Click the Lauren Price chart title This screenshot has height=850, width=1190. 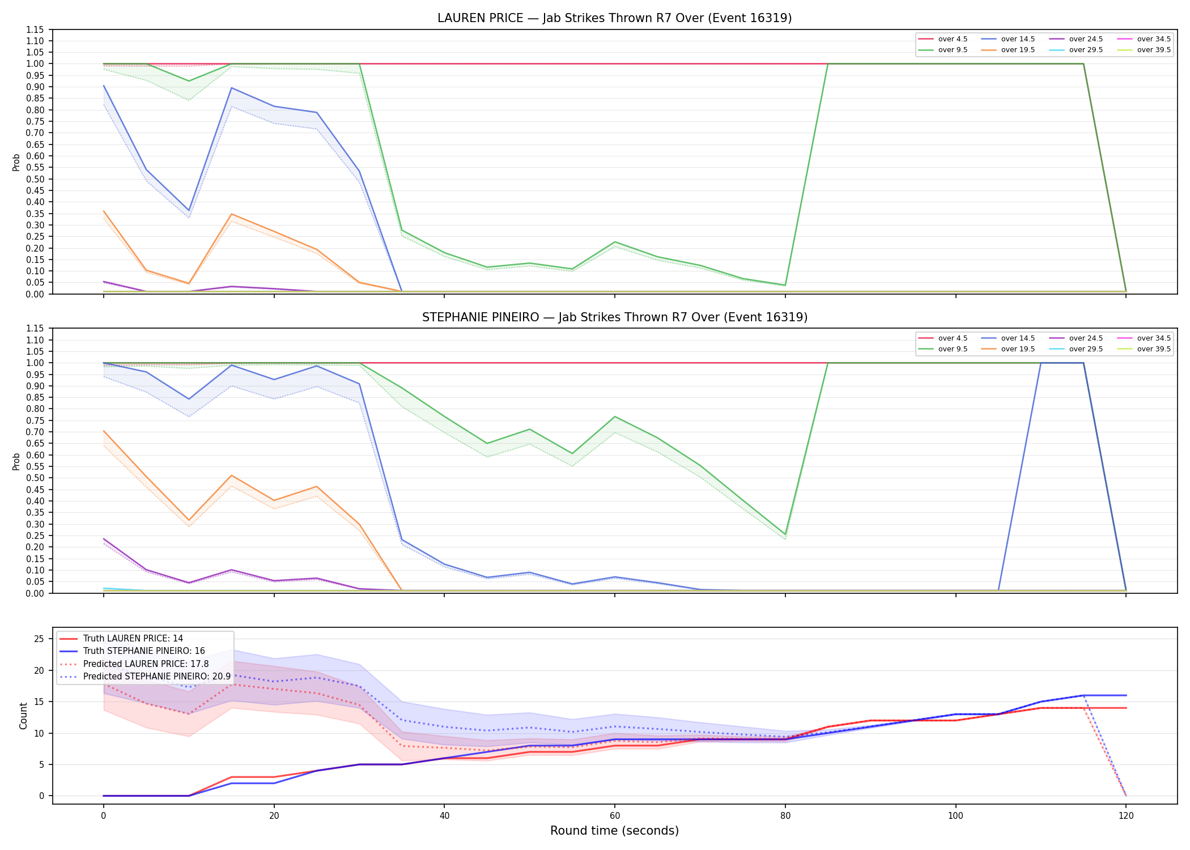coord(614,18)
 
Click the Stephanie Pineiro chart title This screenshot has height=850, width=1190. coord(614,317)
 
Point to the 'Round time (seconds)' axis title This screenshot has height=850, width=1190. coord(614,831)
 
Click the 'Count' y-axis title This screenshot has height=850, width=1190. coord(23,716)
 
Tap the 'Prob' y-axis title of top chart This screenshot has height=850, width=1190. coord(16,162)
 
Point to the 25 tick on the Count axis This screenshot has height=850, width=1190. coord(39,639)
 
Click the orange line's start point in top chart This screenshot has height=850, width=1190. coord(104,211)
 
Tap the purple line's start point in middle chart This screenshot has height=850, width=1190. coord(104,539)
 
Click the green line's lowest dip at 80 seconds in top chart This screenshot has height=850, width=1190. coord(785,285)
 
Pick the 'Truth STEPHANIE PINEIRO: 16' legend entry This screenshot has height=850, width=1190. coord(144,651)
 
